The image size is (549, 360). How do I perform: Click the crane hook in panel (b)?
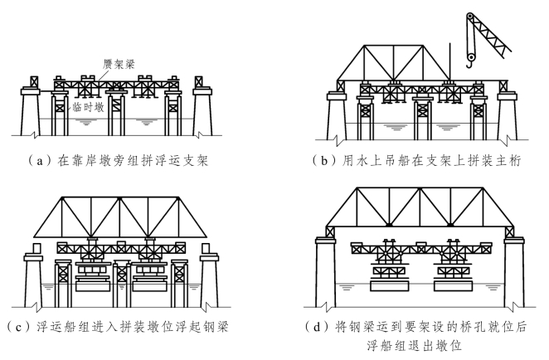(x=471, y=58)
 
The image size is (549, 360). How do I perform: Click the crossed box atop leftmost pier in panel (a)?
(x=34, y=82)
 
